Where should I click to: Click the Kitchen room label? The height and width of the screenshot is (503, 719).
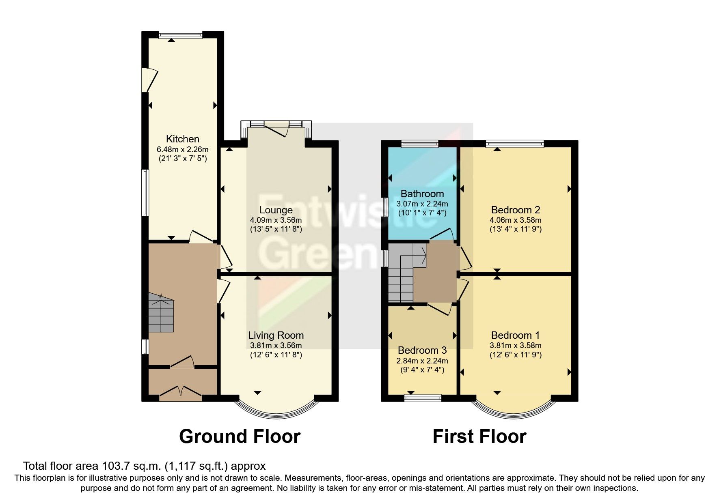pos(182,139)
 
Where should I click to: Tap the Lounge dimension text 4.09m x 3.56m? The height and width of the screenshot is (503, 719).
pos(276,220)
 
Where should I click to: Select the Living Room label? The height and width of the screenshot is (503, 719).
pos(276,335)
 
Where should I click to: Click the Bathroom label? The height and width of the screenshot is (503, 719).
pos(422,193)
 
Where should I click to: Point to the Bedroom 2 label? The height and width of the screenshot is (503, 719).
pos(515,210)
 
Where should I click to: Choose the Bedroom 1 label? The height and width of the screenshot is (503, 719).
pos(515,335)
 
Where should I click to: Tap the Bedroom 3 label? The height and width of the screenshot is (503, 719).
pos(422,350)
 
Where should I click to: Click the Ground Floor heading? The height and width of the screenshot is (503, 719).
pos(240,436)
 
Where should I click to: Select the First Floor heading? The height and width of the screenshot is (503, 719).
pos(479,436)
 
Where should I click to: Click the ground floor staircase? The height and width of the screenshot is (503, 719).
pos(161,312)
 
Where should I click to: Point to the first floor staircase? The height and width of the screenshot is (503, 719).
pos(402,276)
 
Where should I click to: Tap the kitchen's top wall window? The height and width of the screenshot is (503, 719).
pos(180,35)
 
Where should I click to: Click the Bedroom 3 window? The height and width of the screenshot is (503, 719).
pos(423,398)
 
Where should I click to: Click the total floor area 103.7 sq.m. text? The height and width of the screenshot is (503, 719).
pos(144,466)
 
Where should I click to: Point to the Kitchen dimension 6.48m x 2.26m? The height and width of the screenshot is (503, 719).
pos(182,149)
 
